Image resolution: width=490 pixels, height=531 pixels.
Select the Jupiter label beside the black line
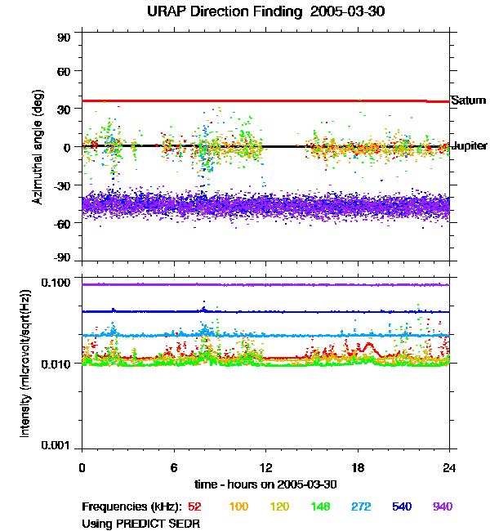pos(470,146)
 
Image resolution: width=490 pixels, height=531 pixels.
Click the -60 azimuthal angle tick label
pos(61,222)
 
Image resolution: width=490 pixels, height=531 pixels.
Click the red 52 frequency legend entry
pos(194,506)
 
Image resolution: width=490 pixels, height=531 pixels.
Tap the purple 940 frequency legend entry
pos(442,506)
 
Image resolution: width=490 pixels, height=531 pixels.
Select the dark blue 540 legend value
pos(400,506)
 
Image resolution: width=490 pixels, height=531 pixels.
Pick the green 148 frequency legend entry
pos(319,506)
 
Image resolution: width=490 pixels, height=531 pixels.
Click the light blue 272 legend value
pos(359,506)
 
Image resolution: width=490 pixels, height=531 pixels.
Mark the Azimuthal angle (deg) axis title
pos(38,146)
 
